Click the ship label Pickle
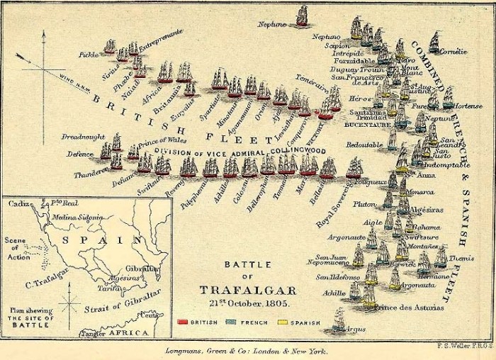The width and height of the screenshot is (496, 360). [x=89, y=54]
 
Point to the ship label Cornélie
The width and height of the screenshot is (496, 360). [x=453, y=51]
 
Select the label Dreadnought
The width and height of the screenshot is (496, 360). [x=83, y=136]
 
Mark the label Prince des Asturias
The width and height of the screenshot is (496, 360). [x=410, y=308]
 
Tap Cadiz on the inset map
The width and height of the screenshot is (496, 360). [x=18, y=203]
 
